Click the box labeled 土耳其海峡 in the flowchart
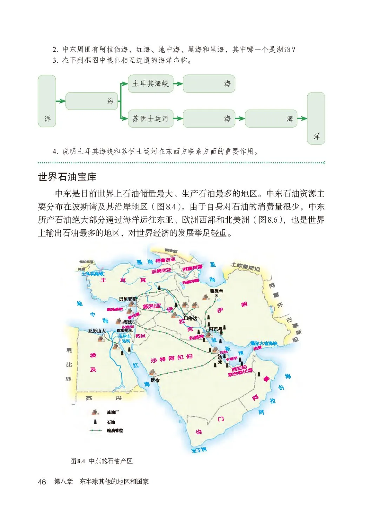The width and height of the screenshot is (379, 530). click(151, 84)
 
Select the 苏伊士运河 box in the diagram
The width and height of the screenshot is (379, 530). click(151, 119)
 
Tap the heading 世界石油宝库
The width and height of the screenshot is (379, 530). click(67, 177)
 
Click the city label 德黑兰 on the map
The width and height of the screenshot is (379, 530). click(216, 291)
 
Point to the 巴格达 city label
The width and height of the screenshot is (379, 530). click(191, 318)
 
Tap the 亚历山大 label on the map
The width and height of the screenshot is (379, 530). click(97, 331)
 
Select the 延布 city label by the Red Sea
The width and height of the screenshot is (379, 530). click(155, 380)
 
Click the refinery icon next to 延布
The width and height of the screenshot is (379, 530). click(152, 373)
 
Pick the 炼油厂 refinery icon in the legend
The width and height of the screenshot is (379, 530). click(95, 412)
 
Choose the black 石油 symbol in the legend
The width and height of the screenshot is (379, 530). click(95, 422)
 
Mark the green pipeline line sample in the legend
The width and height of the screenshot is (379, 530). click(95, 430)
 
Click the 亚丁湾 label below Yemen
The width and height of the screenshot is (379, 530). click(199, 450)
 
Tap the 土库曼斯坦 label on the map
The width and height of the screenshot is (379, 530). click(246, 267)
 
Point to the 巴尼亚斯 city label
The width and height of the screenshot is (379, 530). click(128, 299)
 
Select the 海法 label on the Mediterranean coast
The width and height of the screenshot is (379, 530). click(128, 322)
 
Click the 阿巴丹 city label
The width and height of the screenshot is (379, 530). click(215, 329)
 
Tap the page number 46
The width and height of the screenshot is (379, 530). click(42, 482)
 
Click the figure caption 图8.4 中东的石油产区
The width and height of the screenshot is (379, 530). click(101, 461)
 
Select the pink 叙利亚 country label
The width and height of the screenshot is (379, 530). click(152, 306)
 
